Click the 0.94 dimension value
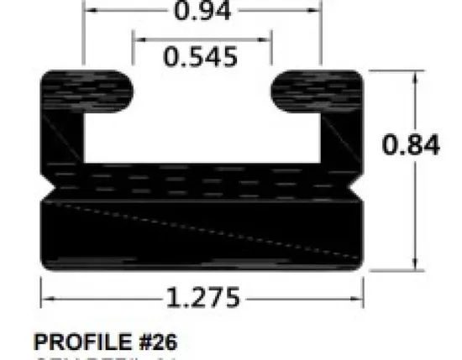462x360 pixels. (x=202, y=12)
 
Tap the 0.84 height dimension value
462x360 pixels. (x=411, y=144)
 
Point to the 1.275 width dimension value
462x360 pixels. (x=202, y=297)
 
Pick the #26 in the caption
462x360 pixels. (x=154, y=342)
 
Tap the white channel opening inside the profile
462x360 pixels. (x=202, y=117)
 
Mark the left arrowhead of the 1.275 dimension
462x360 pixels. (x=46, y=297)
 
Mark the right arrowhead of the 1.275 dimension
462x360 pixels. (x=359, y=297)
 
